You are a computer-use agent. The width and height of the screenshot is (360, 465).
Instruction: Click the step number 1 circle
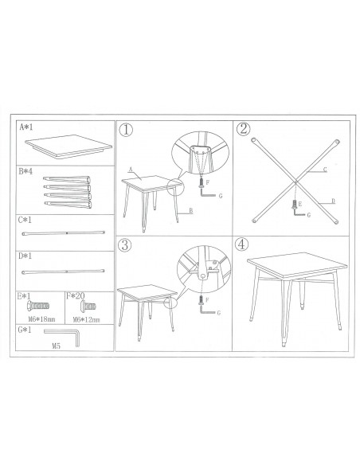126,130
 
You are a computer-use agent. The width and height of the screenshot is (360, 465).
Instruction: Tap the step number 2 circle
243,129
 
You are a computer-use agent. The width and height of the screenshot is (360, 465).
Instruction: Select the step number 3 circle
124,245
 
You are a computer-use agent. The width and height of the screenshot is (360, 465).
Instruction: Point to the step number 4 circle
241,244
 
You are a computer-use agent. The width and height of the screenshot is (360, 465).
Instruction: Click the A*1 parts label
26,127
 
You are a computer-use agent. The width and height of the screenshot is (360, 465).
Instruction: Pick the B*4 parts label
25,171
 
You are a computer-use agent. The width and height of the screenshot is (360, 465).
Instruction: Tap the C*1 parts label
25,220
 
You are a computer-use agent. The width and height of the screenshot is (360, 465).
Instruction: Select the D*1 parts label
25,256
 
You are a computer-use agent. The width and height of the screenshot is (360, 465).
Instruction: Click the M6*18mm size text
41,319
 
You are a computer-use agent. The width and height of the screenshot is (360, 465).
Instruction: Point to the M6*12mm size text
86,320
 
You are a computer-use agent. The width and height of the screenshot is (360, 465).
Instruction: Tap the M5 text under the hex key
56,346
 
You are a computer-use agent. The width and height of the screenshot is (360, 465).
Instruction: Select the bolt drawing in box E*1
38,306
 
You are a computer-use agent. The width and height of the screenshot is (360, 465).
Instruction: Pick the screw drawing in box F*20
88,306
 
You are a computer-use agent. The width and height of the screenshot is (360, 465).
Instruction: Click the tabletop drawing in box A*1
68,146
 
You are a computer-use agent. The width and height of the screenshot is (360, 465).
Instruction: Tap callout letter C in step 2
325,170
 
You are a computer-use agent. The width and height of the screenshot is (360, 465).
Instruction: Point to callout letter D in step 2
333,201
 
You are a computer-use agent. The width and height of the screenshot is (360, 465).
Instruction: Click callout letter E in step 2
300,204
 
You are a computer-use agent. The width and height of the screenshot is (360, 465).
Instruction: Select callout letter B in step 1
191,210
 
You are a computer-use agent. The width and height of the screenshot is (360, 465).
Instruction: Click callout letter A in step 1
130,170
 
